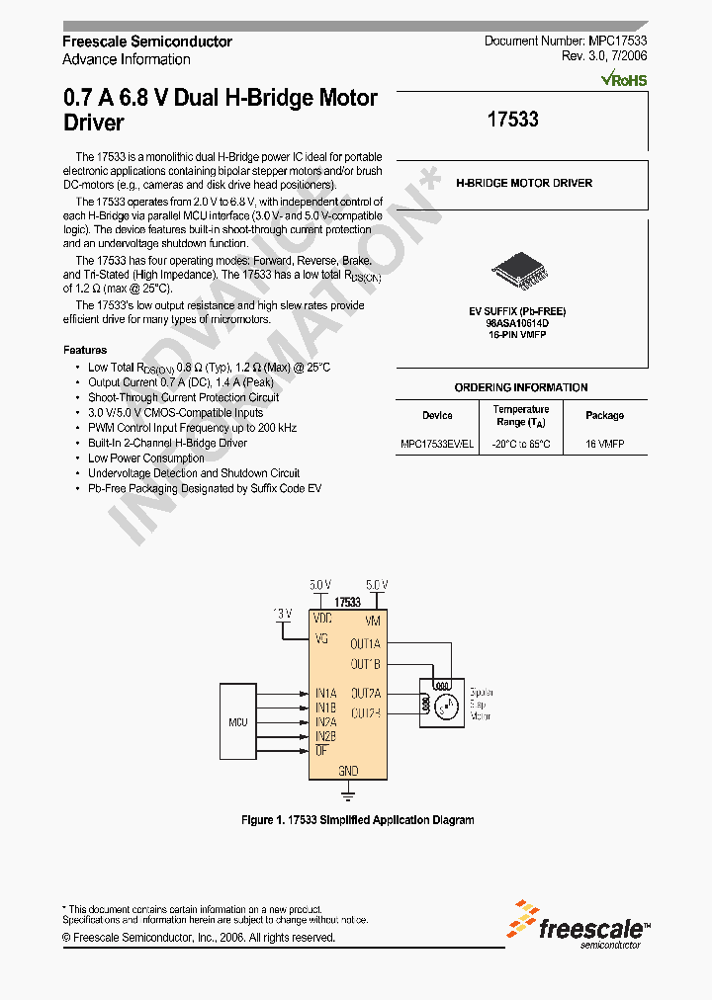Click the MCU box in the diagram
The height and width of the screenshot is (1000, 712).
237,722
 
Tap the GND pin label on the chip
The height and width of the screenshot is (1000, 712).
348,771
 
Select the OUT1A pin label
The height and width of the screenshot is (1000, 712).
365,643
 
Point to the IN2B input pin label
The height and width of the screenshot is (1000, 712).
325,736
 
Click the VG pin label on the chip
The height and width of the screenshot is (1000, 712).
321,638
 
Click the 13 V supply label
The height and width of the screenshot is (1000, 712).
283,614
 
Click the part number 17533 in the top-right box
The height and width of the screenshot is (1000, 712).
513,120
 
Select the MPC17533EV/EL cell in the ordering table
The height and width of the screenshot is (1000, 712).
437,445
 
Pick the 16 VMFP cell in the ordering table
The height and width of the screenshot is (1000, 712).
604,445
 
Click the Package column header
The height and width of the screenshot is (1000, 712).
604,416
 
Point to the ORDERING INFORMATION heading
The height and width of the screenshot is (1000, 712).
521,388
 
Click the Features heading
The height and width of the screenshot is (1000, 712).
85,350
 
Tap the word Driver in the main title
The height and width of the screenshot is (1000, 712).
94,124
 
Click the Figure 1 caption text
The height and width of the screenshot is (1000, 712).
358,820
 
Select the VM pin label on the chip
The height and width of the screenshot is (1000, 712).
372,621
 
